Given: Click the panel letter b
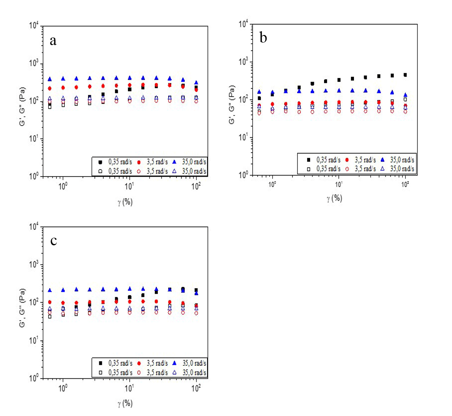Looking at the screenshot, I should coord(263,38).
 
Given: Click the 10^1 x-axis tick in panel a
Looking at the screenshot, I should coord(130,185).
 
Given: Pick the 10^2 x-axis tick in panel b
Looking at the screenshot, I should coord(405,184).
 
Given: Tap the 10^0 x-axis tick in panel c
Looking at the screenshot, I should coord(63,386).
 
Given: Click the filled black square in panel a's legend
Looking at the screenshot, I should coord(100,162).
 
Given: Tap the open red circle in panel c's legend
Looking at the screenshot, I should coord(139,373).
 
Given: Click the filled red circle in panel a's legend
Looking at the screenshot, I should coord(139,162).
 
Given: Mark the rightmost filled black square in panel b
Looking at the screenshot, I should coord(405,75).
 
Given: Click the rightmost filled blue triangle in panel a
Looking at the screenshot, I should coord(196,83).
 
